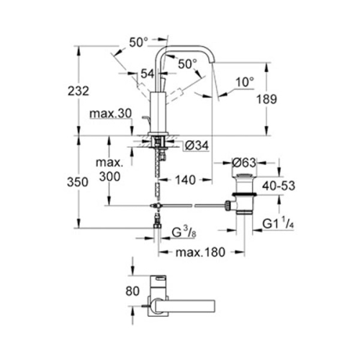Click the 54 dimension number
point(147,74)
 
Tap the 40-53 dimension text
point(279,186)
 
